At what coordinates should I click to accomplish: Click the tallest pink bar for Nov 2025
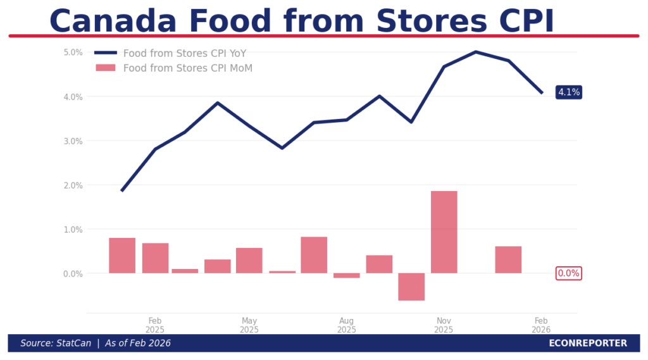coord(444,232)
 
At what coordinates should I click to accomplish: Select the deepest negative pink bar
coord(411,287)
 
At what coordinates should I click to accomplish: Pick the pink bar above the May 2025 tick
coord(249,260)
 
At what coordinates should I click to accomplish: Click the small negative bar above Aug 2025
coord(346,275)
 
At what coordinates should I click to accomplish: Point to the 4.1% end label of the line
coord(568,92)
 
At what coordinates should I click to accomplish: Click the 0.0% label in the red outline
coord(568,273)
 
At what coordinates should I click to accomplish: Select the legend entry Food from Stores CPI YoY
coord(184,53)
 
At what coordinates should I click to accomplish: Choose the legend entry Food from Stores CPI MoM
coord(187,68)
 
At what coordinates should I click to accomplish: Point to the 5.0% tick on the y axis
coord(73,53)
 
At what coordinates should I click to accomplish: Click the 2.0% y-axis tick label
coord(73,185)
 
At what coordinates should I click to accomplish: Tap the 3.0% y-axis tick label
coord(73,141)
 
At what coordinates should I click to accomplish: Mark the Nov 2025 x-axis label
coord(444,325)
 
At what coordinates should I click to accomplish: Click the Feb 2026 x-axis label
coord(541,325)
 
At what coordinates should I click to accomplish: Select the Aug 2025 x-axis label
coord(346,325)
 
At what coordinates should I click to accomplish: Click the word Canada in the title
coord(113,21)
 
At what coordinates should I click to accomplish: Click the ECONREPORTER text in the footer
coord(588,343)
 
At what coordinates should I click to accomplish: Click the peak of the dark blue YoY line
coord(476,52)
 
